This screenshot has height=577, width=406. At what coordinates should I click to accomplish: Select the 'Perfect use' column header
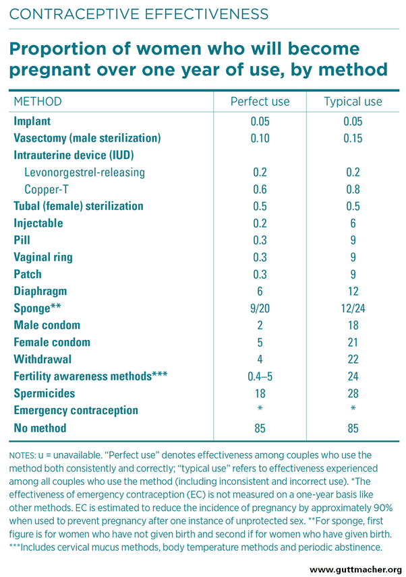[260, 102]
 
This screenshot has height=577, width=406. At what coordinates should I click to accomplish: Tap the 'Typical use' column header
[353, 102]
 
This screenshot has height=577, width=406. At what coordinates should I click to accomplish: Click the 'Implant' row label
[32, 121]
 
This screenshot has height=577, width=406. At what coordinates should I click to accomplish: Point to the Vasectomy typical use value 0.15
[353, 138]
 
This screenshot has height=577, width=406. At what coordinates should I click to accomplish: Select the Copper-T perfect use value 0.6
[260, 189]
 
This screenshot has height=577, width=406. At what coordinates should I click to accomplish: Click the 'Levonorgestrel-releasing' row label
[84, 172]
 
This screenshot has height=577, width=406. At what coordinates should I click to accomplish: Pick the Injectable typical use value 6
[353, 223]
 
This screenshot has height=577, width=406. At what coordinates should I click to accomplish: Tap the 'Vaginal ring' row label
[43, 257]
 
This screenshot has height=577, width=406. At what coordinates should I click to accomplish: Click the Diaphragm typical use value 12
[353, 292]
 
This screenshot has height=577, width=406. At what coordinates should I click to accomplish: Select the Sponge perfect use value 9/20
[260, 308]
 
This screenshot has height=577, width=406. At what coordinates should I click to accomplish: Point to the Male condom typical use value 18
[353, 325]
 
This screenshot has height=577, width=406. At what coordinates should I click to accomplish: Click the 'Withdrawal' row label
[42, 360]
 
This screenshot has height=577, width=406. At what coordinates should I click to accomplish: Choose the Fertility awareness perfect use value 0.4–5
[260, 376]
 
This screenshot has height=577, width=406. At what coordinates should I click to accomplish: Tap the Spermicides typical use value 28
[353, 393]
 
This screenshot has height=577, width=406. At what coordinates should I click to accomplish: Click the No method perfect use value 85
[260, 428]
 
